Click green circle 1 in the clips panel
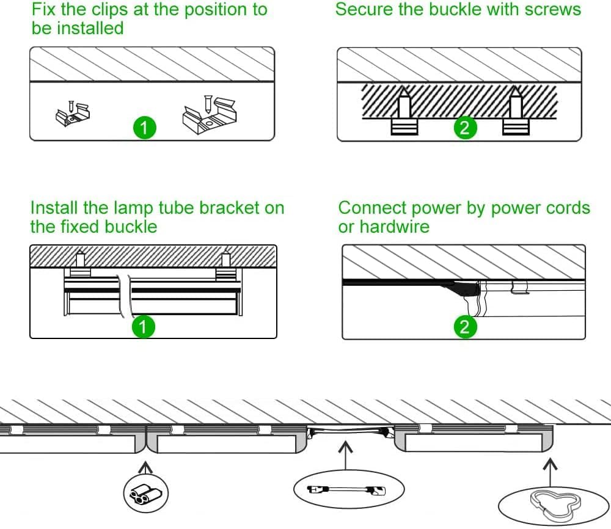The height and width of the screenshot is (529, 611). pos(144,128)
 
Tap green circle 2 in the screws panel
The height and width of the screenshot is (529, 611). pos(465,128)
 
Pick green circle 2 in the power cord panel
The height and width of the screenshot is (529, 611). pos(465,326)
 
